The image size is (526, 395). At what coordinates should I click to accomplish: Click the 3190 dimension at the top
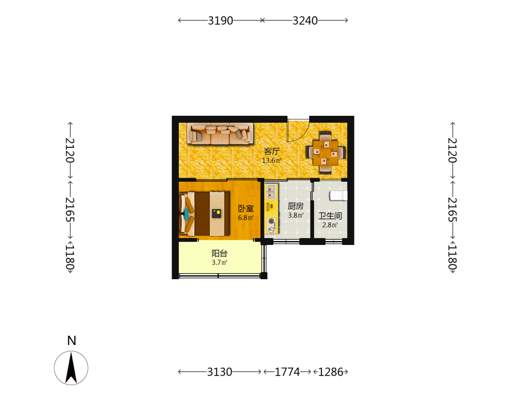click(x=220, y=21)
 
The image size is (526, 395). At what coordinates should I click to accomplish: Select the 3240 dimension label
click(x=305, y=21)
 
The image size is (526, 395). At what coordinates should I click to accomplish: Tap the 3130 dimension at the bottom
click(x=219, y=372)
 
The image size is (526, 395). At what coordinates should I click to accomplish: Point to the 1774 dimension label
click(x=287, y=372)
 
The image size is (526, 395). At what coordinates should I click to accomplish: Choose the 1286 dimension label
click(x=330, y=372)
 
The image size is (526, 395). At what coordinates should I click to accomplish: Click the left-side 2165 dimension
click(x=70, y=210)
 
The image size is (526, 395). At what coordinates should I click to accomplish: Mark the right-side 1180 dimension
click(x=452, y=257)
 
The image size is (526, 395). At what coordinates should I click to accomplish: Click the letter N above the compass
click(x=72, y=341)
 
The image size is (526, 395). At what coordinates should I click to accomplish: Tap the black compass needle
click(x=71, y=368)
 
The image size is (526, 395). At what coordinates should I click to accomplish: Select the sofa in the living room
click(x=220, y=133)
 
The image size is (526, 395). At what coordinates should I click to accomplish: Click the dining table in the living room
click(x=325, y=153)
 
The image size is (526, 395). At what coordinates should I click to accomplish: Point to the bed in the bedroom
click(x=205, y=214)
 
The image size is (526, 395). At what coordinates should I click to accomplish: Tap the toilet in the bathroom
click(x=338, y=195)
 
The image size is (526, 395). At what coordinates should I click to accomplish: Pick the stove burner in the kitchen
click(x=271, y=221)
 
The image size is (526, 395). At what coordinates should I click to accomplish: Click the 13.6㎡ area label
click(x=271, y=161)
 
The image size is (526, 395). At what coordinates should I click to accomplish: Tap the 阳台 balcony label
click(x=219, y=253)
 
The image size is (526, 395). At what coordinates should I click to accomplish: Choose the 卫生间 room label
click(x=330, y=216)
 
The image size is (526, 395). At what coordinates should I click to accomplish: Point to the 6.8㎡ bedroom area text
click(x=246, y=218)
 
